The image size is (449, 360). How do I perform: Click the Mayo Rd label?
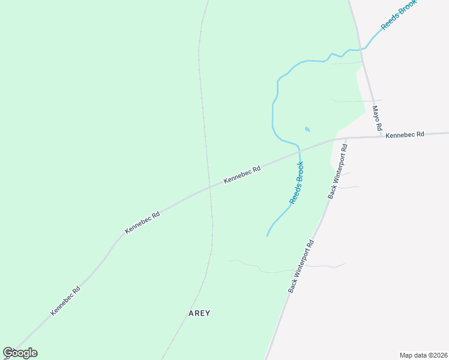click(377, 119)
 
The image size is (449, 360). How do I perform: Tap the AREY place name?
click(200, 313)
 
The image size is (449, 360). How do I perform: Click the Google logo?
click(20, 353)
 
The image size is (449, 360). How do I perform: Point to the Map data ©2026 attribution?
click(423, 355)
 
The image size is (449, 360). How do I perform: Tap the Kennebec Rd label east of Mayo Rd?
click(405, 134)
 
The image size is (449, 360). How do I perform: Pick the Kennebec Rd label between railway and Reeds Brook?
click(242, 175)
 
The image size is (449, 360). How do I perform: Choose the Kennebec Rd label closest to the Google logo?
click(65, 300)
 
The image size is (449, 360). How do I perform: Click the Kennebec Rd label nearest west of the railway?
click(142, 222)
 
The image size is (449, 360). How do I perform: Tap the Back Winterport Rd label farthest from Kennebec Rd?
click(301, 266)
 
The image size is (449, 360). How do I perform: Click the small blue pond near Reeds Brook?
click(308, 129)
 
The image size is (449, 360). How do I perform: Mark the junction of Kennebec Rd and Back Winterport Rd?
click(346, 138)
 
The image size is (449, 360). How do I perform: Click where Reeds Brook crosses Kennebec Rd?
click(300, 151)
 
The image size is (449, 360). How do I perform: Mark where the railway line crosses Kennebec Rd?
click(209, 187)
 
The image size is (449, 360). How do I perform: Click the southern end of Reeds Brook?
click(267, 236)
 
